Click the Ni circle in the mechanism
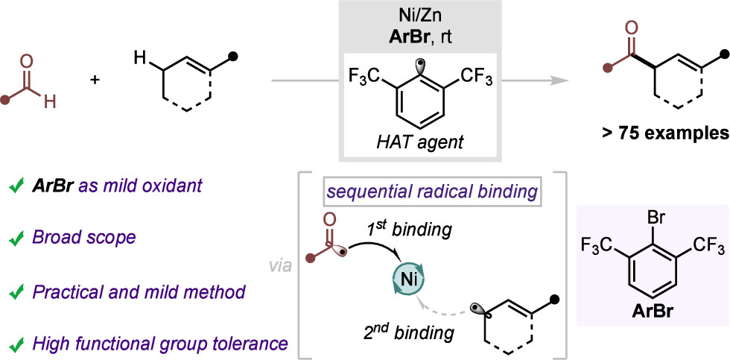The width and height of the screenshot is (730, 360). (x=407, y=280)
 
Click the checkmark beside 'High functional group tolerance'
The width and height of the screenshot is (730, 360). (x=13, y=344)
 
